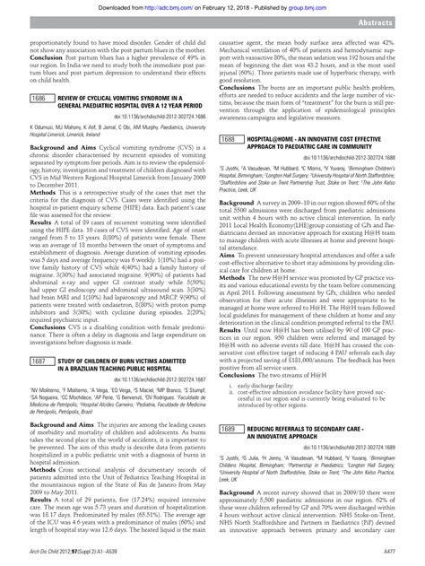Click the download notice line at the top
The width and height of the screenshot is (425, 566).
coord(212,6)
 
